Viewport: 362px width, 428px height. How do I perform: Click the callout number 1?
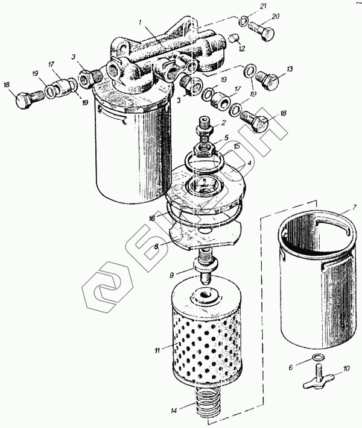[140, 22]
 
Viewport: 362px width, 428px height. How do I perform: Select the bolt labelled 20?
[261, 31]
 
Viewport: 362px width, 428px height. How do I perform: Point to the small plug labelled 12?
[233, 38]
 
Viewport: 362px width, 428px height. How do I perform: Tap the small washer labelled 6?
[317, 357]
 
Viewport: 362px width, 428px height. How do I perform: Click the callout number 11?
[157, 350]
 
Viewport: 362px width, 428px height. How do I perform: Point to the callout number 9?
[171, 275]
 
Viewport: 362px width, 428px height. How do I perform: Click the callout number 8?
[156, 246]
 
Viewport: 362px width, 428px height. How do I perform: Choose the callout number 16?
[152, 218]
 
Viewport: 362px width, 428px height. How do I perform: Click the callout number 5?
[226, 138]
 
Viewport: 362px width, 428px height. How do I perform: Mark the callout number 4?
[249, 163]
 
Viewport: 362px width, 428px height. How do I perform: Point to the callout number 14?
[174, 411]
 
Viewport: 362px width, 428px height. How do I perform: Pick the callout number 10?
[346, 368]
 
